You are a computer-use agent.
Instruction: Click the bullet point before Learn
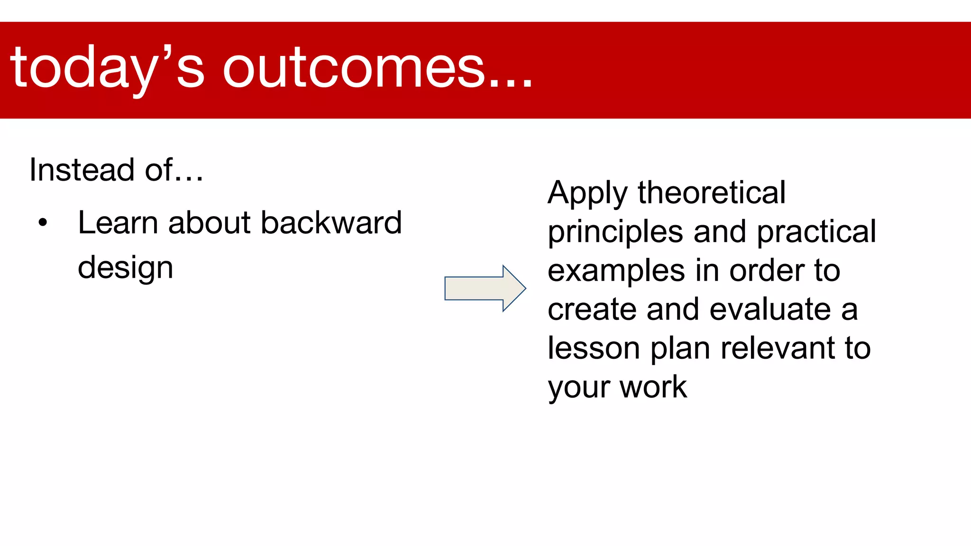point(43,223)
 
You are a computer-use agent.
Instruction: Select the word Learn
point(118,223)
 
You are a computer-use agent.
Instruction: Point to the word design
point(125,268)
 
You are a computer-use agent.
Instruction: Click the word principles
point(615,232)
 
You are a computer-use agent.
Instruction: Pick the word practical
point(816,232)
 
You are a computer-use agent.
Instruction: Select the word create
point(592,309)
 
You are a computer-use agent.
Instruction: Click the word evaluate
point(770,309)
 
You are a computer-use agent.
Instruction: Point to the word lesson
point(593,348)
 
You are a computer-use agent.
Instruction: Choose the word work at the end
point(653,387)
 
